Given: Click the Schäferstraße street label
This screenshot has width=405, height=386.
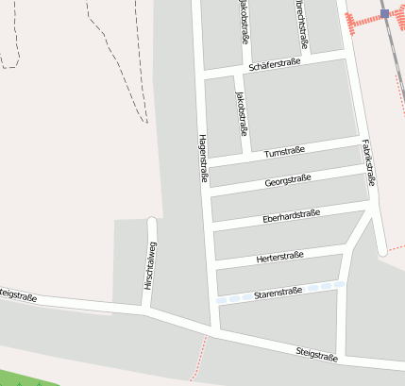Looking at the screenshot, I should click(x=274, y=64).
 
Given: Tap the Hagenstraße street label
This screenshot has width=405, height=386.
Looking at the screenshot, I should click(x=202, y=157).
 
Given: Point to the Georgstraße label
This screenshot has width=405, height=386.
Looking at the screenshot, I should click(x=288, y=180).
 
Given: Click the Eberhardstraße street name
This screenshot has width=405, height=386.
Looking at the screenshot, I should click(x=291, y=217).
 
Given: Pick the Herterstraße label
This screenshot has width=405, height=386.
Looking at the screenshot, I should click(x=279, y=257).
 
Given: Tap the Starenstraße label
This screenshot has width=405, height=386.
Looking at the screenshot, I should click(x=278, y=293).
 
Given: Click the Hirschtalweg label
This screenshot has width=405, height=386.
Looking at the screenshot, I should click(x=149, y=265).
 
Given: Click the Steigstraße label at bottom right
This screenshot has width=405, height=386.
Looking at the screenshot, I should click(x=318, y=354).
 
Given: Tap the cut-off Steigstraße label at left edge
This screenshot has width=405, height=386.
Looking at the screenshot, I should click(x=18, y=296).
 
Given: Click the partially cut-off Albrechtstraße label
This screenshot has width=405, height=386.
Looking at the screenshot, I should click(x=302, y=23).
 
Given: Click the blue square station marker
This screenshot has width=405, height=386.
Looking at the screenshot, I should click(x=385, y=13).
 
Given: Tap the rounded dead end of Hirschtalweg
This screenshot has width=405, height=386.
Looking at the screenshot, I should click(x=151, y=223).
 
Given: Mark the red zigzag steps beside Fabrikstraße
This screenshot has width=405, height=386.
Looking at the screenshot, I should click(x=359, y=22).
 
